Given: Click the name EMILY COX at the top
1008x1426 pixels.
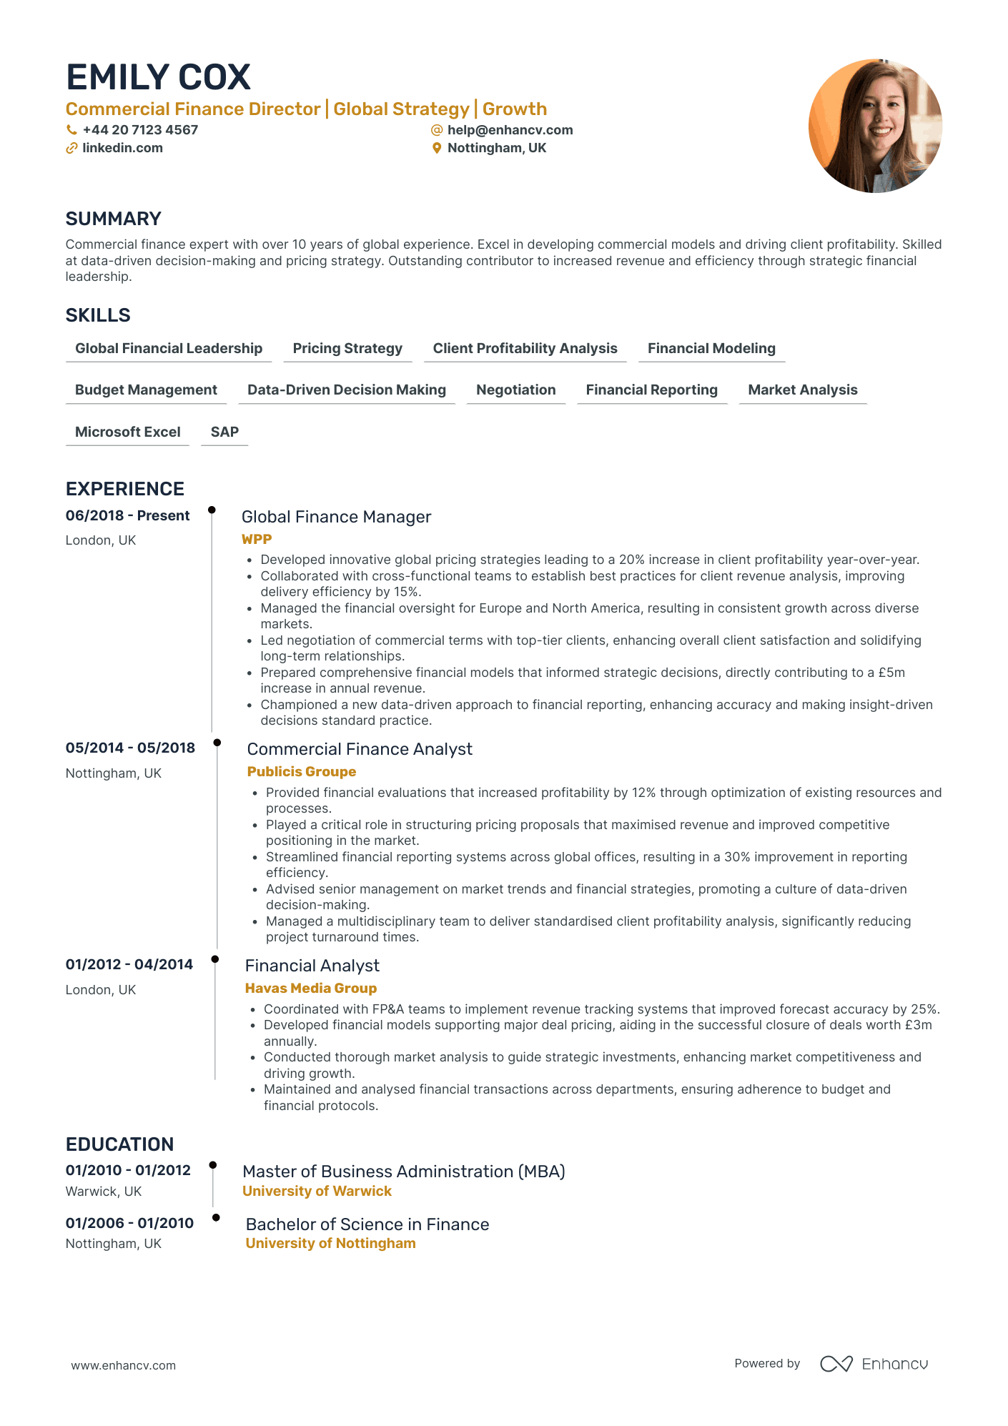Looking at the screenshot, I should [x=158, y=77].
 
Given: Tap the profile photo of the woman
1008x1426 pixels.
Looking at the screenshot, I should [x=875, y=126].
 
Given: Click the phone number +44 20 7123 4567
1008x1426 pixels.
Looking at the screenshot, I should [x=140, y=130].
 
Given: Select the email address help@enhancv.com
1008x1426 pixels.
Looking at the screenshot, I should [x=510, y=130].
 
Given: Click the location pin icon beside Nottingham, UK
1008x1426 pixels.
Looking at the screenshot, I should [x=437, y=148].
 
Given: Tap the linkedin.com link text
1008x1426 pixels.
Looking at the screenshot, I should [x=122, y=148].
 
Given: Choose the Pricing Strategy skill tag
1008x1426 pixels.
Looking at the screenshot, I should [x=347, y=349].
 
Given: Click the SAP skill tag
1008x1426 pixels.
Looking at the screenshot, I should [x=224, y=432].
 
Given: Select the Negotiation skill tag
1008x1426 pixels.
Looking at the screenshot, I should [x=515, y=390].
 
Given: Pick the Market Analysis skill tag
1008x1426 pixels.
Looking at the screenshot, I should [x=802, y=390].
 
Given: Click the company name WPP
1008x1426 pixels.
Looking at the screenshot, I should [x=257, y=540].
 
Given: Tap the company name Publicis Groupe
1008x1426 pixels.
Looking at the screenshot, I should [x=301, y=772].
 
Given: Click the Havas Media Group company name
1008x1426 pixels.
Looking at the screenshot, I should [x=310, y=989].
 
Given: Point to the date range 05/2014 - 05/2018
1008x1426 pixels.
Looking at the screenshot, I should [x=130, y=748].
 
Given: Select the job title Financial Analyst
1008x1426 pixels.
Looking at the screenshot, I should [x=312, y=966].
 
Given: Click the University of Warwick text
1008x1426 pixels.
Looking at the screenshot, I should [x=317, y=1192].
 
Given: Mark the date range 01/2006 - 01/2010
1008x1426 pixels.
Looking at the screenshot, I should [x=129, y=1223].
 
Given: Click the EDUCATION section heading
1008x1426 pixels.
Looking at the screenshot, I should [x=119, y=1144].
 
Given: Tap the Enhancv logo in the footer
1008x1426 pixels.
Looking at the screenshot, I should [x=874, y=1364].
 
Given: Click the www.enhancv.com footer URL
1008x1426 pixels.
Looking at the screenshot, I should [x=123, y=1365].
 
